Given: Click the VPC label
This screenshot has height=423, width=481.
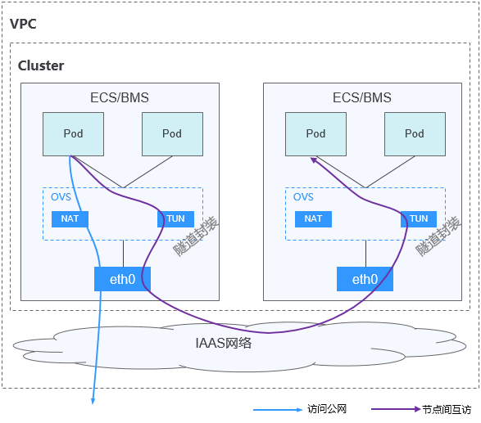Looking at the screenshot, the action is (23, 24).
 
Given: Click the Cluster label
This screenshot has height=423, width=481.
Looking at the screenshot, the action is (41, 65).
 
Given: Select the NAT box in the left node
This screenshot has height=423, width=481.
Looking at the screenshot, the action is (70, 219).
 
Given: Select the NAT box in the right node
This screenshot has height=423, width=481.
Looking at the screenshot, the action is (313, 219).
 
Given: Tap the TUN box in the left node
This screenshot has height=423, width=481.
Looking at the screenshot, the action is (176, 219).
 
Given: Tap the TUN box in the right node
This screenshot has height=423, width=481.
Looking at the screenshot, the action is (419, 219).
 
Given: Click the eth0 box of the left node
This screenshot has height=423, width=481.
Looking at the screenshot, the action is (122, 279).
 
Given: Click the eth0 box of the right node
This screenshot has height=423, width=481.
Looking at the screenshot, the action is (365, 279).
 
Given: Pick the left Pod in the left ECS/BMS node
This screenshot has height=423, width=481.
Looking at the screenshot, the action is (73, 134).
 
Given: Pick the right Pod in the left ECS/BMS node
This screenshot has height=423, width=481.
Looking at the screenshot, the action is (172, 134).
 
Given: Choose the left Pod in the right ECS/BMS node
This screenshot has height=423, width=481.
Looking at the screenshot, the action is (316, 134).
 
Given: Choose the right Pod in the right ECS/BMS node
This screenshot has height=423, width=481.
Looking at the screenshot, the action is (415, 134).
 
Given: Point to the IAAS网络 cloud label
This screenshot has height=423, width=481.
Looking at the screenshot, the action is (224, 343).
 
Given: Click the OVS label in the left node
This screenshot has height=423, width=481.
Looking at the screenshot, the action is (61, 197).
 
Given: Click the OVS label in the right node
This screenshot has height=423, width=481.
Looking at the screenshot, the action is (303, 197).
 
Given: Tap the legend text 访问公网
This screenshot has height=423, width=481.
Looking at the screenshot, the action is (327, 409).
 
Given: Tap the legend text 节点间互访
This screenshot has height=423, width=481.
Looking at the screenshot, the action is (447, 410).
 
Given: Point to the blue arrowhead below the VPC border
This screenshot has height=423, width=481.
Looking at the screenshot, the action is (93, 401).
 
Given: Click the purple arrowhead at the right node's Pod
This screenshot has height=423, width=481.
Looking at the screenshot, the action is (314, 160).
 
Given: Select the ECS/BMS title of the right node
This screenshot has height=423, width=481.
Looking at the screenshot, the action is (362, 97).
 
